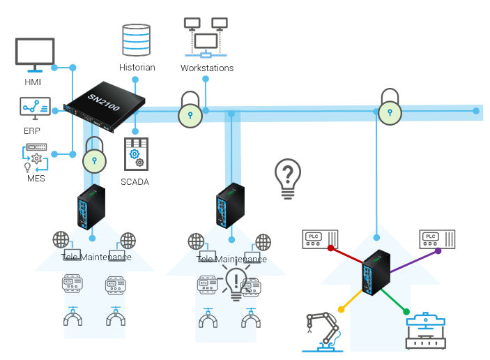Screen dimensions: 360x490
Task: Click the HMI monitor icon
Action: coord(34,54)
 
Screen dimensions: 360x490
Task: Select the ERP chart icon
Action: coord(34,107)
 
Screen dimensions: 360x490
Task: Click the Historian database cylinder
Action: coord(136,40)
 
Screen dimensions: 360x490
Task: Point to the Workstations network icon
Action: coord(206,39)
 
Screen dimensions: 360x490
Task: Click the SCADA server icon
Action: coord(136,153)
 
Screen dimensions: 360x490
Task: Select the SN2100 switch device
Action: coord(105,107)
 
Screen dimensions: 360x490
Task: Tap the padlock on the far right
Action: coord(390,107)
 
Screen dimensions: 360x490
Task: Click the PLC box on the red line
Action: coord(319,239)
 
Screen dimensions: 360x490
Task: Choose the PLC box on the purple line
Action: coord(438,239)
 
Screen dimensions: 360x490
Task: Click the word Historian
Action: coord(137,68)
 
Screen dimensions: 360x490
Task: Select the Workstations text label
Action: coord(207,68)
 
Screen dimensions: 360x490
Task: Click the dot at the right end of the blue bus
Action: coord(477,110)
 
